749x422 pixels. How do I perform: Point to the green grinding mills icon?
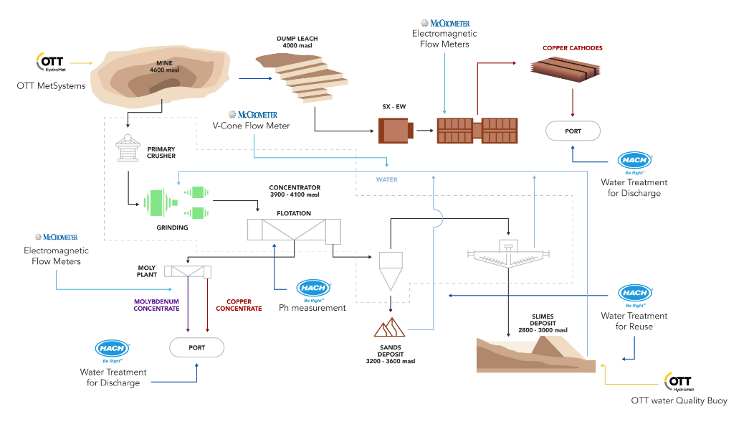point(176,202)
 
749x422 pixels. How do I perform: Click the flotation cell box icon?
point(294,230)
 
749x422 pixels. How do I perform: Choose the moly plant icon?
point(188,272)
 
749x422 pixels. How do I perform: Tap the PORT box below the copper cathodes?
point(573,131)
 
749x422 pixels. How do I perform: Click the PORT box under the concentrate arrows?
point(196,347)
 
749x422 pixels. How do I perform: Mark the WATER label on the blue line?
point(386,179)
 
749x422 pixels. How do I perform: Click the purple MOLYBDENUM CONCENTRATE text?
point(156,305)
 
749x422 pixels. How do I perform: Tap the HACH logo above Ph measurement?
point(313,288)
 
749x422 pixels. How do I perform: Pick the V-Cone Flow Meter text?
point(251,126)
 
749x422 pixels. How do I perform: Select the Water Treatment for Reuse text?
point(634,321)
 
